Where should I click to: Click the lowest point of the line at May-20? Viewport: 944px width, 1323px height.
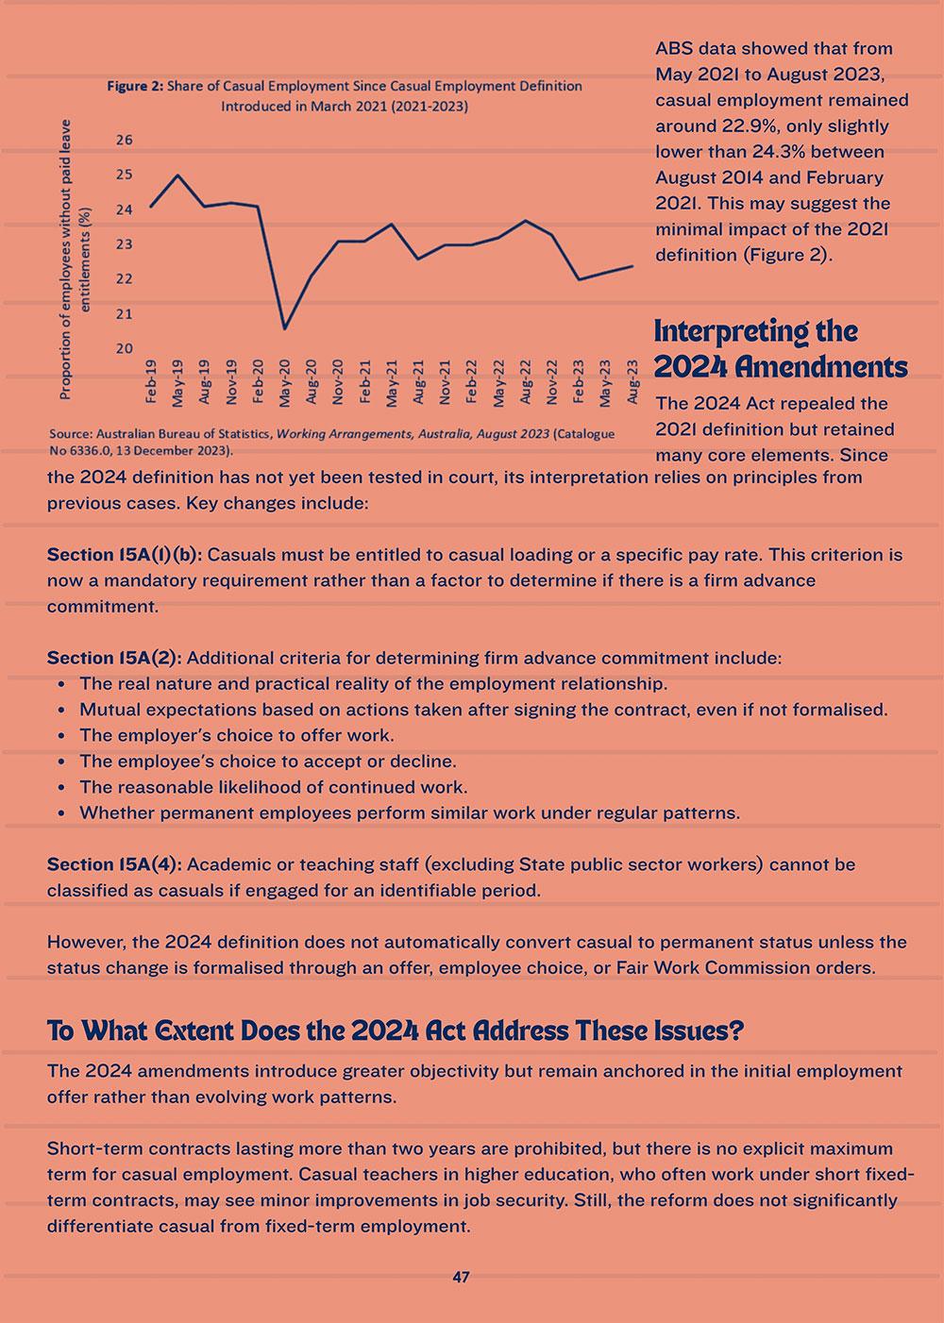pos(285,328)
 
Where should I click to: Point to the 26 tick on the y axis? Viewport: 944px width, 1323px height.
pos(125,140)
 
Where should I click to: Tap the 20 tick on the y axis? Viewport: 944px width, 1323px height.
pos(125,348)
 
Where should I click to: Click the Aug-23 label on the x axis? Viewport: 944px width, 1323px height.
pos(632,380)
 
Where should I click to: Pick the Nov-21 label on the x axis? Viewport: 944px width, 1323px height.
pos(445,380)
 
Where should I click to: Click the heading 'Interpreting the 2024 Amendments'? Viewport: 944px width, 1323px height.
pos(780,348)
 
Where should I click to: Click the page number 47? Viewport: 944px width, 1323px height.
pos(461,1277)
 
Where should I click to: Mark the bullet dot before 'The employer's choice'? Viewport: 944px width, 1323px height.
pos(61,736)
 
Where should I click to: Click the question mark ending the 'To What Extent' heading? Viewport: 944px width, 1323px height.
pos(735,1030)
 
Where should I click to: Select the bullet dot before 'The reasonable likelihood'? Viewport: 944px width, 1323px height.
pos(61,787)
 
